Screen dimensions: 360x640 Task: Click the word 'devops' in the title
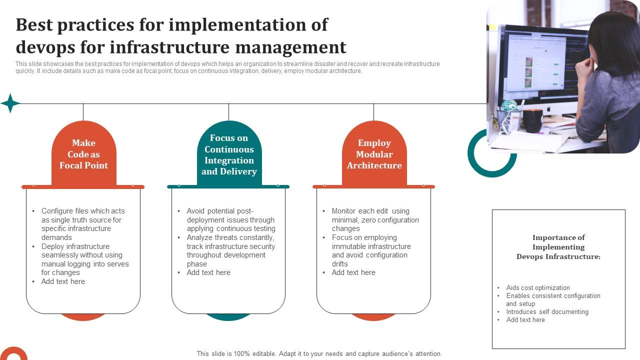pyautogui.click(x=44, y=47)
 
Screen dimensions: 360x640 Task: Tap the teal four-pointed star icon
pyautogui.click(x=10, y=103)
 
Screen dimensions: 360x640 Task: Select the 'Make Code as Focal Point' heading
pyautogui.click(x=83, y=154)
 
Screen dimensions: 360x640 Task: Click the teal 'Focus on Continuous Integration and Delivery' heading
pyautogui.click(x=229, y=154)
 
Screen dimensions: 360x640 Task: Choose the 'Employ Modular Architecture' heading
pyautogui.click(x=374, y=154)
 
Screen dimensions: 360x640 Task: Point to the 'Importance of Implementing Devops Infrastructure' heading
pyautogui.click(x=558, y=247)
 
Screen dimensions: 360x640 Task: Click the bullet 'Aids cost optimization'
pyautogui.click(x=538, y=288)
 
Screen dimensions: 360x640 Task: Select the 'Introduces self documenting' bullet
pyautogui.click(x=547, y=312)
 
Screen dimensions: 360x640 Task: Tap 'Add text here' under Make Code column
pyautogui.click(x=63, y=281)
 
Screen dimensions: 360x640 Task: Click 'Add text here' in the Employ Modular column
pyautogui.click(x=353, y=272)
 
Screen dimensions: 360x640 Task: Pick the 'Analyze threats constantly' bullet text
pyautogui.click(x=230, y=238)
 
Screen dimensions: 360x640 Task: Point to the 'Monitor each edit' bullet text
pyautogui.click(x=370, y=211)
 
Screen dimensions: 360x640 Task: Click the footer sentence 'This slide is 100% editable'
pyautogui.click(x=319, y=353)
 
